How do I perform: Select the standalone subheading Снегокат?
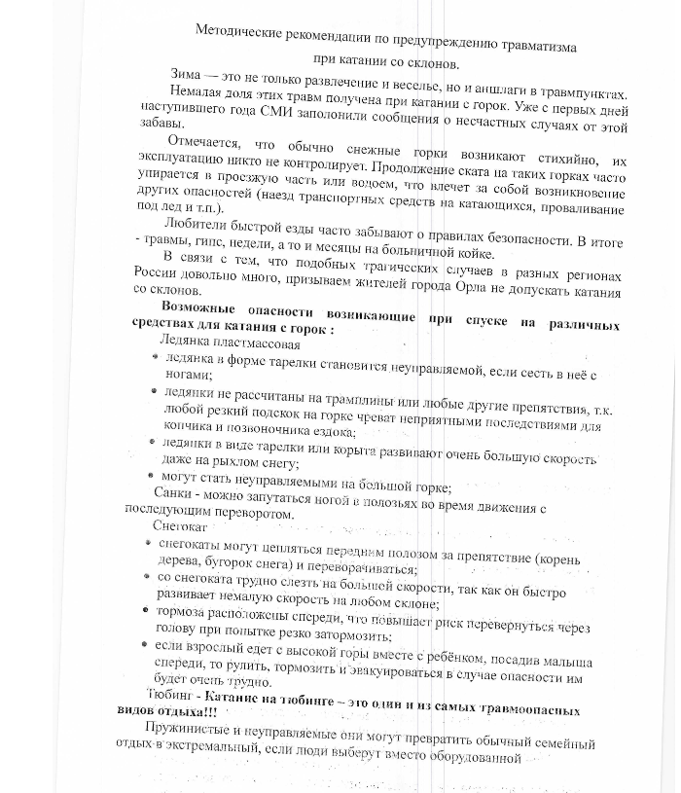tap(172, 527)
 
